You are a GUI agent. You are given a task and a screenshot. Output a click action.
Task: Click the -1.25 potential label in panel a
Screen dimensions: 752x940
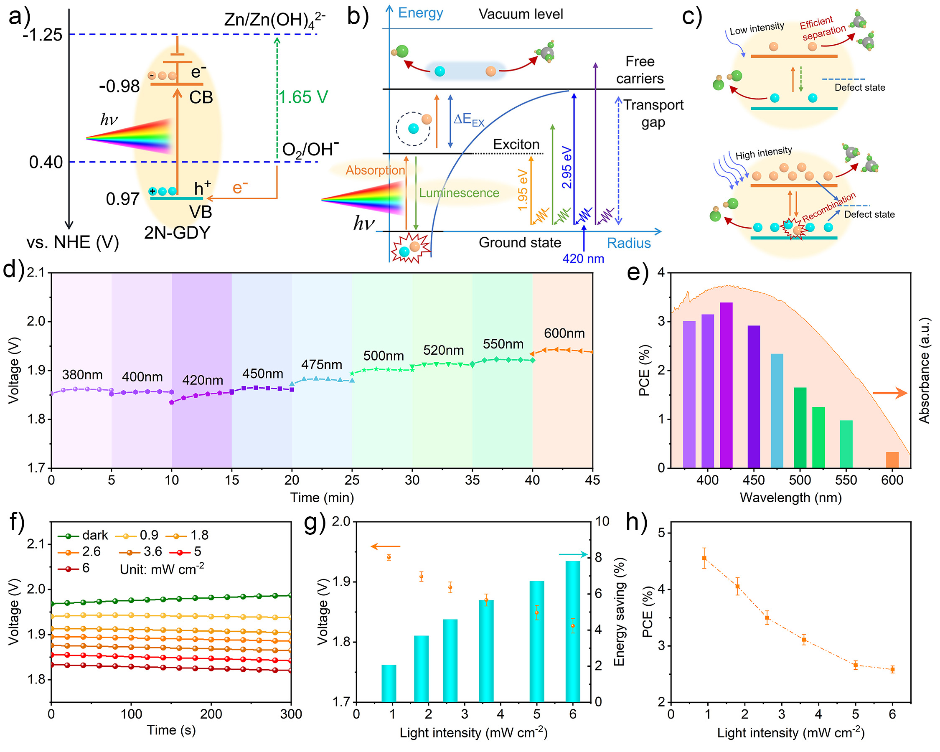pos(43,35)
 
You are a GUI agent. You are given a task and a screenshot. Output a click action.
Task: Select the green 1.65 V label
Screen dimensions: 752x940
pos(303,97)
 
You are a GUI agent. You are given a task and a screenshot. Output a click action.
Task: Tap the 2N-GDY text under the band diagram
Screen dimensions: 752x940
pos(177,233)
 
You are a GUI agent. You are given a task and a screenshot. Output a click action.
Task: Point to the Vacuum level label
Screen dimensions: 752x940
pos(521,14)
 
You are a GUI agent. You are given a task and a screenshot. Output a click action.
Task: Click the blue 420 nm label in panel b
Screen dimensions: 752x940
pos(583,259)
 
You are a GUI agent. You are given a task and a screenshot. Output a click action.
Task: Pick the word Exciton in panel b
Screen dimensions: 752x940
pos(516,144)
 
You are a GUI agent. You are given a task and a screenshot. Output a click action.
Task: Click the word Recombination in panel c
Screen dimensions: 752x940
pos(828,207)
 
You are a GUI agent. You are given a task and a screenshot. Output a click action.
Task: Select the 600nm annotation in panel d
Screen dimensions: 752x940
pos(564,333)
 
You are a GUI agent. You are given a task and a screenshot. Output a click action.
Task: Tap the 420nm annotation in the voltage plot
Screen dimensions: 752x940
pos(202,380)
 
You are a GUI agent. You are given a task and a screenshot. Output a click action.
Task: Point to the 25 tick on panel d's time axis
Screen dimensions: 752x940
pos(352,480)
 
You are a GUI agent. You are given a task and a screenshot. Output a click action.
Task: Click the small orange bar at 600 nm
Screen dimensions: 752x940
pos(892,460)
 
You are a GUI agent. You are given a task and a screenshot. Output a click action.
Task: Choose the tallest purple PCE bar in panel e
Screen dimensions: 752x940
pos(726,385)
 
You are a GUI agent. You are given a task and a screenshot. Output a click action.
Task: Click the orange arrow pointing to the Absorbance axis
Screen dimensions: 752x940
pos(889,393)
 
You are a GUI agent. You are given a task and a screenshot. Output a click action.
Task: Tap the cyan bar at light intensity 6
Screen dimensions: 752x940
pos(572,631)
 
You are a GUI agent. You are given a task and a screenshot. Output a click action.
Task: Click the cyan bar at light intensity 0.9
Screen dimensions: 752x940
pos(389,683)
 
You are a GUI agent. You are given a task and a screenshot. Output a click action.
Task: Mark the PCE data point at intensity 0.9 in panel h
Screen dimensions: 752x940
pos(704,559)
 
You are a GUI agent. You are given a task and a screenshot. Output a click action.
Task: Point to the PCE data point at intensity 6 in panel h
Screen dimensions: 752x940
pos(892,670)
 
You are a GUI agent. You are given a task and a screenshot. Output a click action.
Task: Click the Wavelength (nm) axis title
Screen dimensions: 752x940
pos(790,498)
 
